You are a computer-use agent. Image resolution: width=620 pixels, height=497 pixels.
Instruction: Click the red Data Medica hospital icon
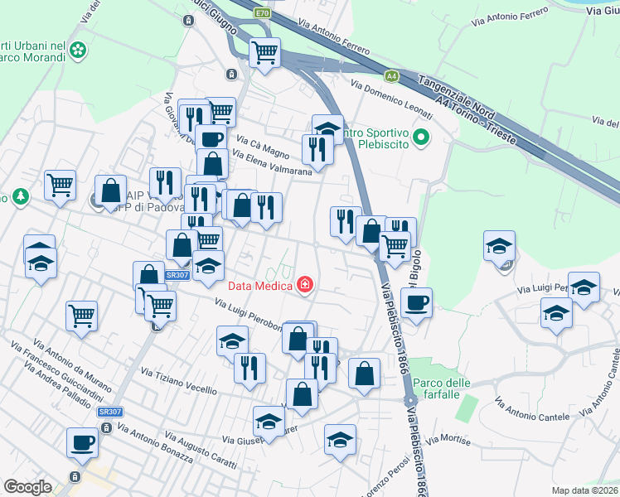(x=306, y=285)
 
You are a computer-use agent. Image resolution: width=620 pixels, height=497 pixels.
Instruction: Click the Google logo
(x=28, y=487)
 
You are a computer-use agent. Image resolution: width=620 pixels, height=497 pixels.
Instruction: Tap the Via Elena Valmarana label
(x=272, y=162)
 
